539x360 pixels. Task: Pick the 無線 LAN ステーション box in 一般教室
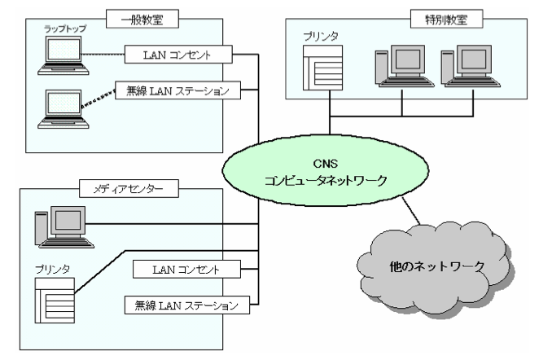tap(180, 89)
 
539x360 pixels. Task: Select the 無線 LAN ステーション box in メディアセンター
tap(183, 305)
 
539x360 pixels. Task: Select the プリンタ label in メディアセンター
tap(51, 266)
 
